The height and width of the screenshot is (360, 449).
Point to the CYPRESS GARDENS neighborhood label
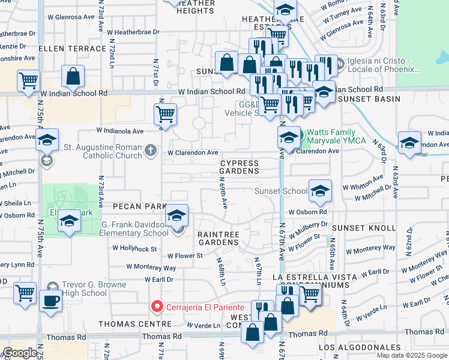[240, 167]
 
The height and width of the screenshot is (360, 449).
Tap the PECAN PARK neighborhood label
[138, 206]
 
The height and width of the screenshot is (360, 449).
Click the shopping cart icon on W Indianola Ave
[164, 114]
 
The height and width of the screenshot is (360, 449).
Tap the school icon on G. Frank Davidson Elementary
[177, 216]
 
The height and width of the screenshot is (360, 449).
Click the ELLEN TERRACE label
[64, 47]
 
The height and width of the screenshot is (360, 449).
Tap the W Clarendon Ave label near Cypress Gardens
[193, 153]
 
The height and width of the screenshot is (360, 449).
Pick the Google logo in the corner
[20, 353]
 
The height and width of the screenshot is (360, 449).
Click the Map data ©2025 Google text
[411, 355]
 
